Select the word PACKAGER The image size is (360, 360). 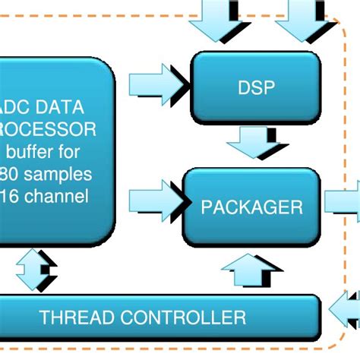251,207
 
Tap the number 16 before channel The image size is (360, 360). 11,197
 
